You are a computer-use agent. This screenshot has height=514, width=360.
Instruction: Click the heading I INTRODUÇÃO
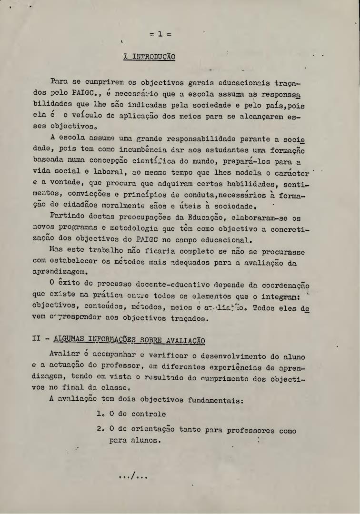click(149, 57)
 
